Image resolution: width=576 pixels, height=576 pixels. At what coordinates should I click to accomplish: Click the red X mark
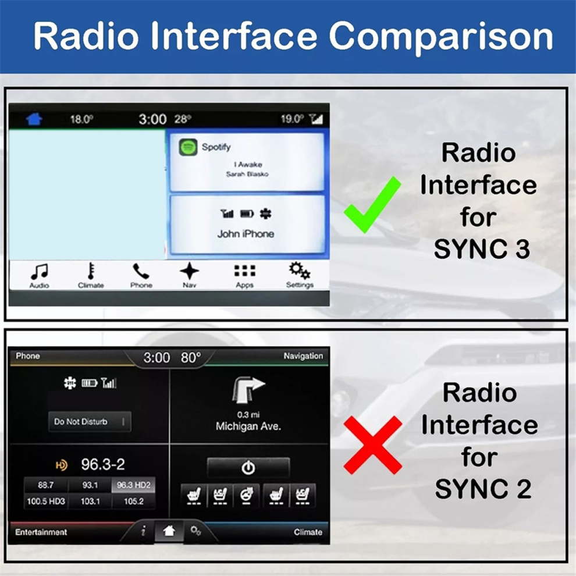(373, 445)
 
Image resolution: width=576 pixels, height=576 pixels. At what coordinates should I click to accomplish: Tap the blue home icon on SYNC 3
(34, 119)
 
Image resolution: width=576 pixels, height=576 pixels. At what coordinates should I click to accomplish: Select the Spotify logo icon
(188, 147)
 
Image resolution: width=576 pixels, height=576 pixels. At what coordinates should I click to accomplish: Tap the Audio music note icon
(40, 272)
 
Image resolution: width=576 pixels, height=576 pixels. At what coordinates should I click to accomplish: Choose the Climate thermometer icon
(90, 271)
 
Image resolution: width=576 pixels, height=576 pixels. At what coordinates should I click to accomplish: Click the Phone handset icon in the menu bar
(141, 271)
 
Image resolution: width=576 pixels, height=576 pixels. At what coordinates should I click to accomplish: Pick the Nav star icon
(189, 271)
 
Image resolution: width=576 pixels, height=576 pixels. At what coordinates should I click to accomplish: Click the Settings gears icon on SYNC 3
(300, 271)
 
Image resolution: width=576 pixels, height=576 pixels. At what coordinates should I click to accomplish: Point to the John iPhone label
(246, 234)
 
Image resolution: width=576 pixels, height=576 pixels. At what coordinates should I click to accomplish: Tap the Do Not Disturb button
(90, 421)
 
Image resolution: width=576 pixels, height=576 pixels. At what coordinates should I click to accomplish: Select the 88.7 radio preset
(45, 485)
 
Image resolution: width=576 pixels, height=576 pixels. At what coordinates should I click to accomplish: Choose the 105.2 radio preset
(133, 501)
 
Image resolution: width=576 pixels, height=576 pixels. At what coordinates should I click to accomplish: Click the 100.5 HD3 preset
(45, 501)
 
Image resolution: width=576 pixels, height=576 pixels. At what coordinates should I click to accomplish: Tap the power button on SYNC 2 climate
(248, 468)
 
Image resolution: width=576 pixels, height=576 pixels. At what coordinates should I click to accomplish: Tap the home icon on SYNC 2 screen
(169, 531)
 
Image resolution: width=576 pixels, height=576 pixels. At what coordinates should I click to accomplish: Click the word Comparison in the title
(441, 37)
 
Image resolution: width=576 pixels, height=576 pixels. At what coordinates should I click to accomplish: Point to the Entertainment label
(41, 532)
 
